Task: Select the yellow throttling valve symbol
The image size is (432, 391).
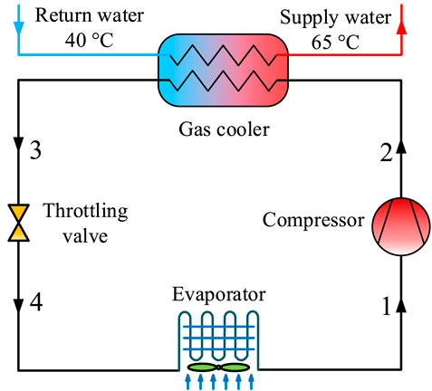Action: (x=17, y=223)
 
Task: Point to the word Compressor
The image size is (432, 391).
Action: (x=312, y=219)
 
